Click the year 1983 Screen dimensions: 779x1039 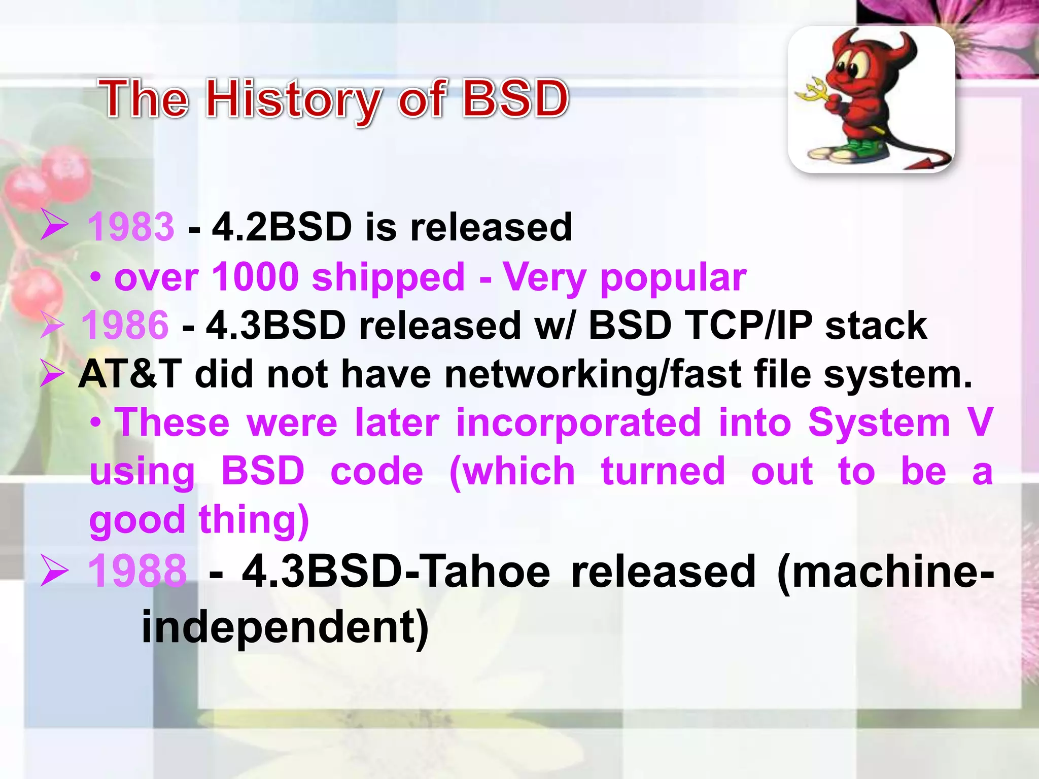click(131, 227)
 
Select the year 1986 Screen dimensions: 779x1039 click(125, 325)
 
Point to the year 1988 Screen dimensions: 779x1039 click(137, 571)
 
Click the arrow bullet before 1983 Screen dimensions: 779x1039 click(54, 224)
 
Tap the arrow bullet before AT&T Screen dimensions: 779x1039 click(52, 374)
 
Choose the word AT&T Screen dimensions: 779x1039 click(130, 374)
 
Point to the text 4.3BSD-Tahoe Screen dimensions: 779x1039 click(396, 572)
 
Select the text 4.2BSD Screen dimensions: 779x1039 click(282, 227)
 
